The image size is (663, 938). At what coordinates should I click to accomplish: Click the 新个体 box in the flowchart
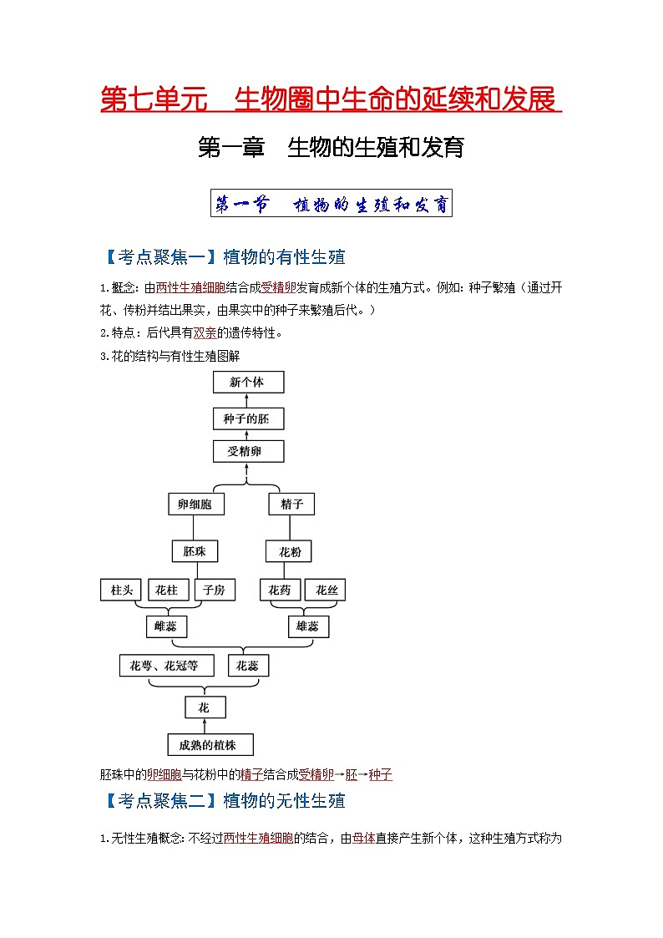click(248, 382)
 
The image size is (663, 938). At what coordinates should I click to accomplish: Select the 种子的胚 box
click(248, 418)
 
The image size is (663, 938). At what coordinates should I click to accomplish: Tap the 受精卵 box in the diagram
click(248, 452)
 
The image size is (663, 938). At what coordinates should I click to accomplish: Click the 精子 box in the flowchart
click(291, 504)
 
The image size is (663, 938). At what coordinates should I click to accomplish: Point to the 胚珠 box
click(195, 551)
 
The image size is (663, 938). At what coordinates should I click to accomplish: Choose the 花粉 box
click(289, 551)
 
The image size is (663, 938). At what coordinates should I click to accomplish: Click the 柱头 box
click(121, 590)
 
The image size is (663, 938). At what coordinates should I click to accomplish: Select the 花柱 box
click(167, 590)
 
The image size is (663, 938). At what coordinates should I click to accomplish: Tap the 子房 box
click(214, 590)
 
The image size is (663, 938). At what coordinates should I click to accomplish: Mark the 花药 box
click(280, 590)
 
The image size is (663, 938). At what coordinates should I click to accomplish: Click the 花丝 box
click(326, 590)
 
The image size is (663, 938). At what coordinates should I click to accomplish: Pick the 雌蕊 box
click(165, 626)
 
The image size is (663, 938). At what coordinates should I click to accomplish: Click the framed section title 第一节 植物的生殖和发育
click(331, 203)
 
